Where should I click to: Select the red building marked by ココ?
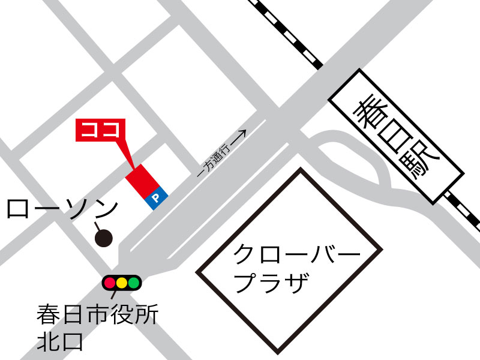click(142, 181)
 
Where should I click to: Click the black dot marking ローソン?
click(104, 238)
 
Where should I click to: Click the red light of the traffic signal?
click(110, 282)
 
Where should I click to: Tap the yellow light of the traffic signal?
click(122, 282)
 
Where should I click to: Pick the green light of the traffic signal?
click(133, 282)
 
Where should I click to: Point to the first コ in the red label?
click(90, 130)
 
